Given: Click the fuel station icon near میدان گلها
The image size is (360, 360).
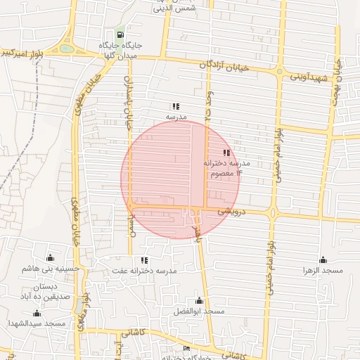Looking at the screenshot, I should click(120, 34).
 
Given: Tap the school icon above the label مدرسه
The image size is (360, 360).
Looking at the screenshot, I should click(175, 105).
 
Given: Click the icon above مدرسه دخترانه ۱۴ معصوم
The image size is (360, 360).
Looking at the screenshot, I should click(226, 153).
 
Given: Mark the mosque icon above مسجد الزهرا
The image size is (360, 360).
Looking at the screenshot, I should click(323, 259).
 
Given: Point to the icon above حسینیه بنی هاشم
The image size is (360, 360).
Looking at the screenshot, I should click(49, 258).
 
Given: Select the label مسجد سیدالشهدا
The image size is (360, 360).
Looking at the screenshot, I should click(37, 323).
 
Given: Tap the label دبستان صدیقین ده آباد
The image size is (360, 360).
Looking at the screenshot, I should click(45, 291).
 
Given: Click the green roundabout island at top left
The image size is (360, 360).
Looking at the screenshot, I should click(66, 49).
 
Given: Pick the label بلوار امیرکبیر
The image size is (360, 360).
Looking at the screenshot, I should click(22, 53).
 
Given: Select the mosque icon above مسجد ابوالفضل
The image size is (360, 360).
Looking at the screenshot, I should click(199, 300).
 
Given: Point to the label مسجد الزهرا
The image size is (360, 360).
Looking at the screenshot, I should click(323, 271).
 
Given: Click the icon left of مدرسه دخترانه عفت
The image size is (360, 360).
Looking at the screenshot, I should click(144, 260).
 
